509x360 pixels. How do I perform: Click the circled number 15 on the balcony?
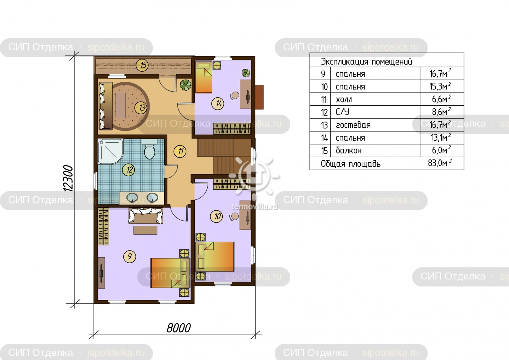(142, 65)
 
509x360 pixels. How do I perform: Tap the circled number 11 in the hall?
(180, 151)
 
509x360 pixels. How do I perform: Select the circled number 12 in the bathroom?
(129, 170)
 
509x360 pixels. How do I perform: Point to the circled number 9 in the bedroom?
(129, 257)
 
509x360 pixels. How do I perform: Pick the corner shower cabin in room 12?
(110, 151)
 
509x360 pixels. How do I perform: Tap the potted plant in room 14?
(246, 73)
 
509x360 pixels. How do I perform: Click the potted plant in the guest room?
(186, 85)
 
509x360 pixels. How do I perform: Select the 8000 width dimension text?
(178, 328)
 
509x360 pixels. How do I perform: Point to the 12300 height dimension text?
(68, 178)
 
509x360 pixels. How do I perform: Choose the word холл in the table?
(344, 100)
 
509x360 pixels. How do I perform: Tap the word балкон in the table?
(349, 150)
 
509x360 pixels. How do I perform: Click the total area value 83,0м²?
(440, 163)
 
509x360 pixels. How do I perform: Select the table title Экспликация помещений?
(366, 61)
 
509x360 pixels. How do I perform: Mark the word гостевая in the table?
(353, 125)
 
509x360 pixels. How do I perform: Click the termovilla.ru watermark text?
(254, 207)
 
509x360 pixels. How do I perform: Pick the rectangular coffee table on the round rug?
(121, 105)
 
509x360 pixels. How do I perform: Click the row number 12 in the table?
(324, 112)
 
